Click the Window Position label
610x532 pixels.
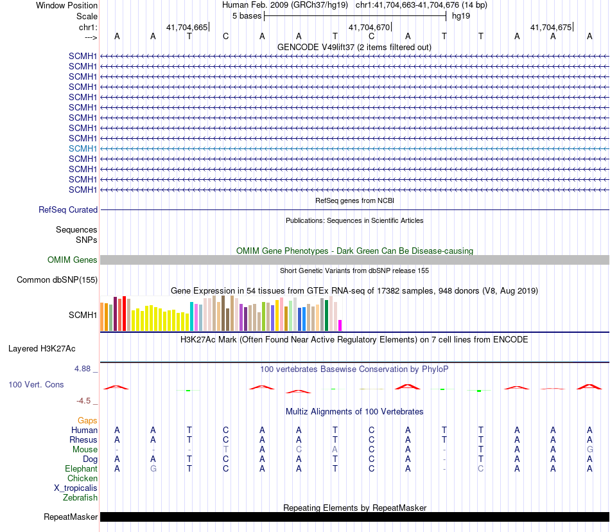click(67, 5)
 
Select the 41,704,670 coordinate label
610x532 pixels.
click(369, 27)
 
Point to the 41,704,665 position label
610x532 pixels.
click(187, 27)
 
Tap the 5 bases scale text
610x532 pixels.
click(247, 15)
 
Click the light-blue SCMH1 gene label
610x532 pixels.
click(83, 148)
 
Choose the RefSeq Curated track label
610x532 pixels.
click(68, 209)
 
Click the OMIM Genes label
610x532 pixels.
click(73, 260)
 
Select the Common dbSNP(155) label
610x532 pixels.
click(57, 279)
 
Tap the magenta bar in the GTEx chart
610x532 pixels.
click(340, 325)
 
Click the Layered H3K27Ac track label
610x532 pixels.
click(42, 349)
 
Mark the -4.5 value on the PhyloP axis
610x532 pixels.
click(83, 400)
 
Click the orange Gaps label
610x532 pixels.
click(87, 420)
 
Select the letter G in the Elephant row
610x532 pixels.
click(153, 469)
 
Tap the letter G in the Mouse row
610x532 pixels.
click(589, 450)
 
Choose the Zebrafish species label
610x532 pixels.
click(80, 497)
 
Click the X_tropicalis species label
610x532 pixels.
click(76, 488)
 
